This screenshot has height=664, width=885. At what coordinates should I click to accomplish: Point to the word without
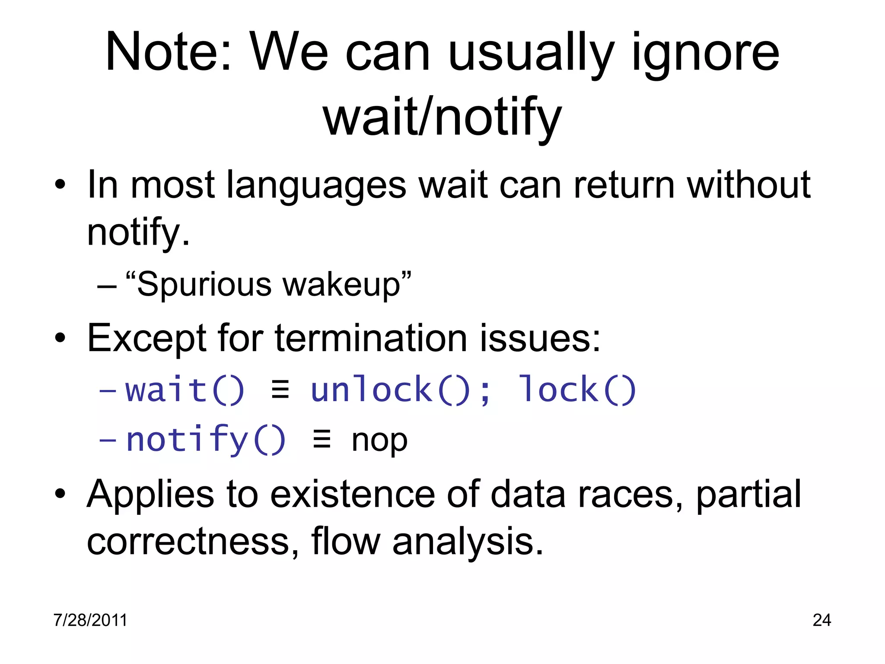tap(748, 185)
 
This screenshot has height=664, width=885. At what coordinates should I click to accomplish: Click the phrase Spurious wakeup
tap(268, 285)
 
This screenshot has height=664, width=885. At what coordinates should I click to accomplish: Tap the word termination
tap(371, 338)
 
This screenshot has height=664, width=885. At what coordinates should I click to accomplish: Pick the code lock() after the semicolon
tap(577, 390)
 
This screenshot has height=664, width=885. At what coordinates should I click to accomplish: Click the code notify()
tap(206, 440)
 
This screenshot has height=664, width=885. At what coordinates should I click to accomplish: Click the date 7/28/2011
tap(90, 620)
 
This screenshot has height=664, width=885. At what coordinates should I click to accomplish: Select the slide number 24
tap(821, 620)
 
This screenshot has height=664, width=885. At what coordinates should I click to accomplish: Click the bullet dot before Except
tap(60, 338)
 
